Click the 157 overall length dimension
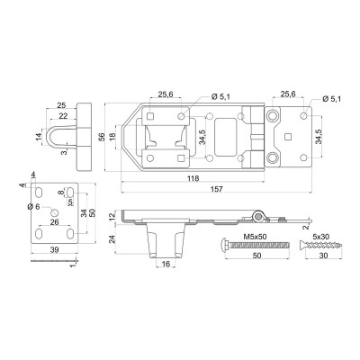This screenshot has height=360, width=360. coord(217,189)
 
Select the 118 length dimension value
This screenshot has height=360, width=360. coord(193,178)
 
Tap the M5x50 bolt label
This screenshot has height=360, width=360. coord(256,237)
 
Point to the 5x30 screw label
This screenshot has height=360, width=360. coord(319,237)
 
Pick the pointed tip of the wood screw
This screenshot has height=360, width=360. coord(341,245)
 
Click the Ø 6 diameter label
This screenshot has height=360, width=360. coord(33,206)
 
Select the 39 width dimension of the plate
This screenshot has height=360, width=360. coord(55,249)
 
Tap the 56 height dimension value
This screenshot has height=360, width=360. coord(102,137)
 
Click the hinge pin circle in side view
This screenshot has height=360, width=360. coord(257,216)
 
